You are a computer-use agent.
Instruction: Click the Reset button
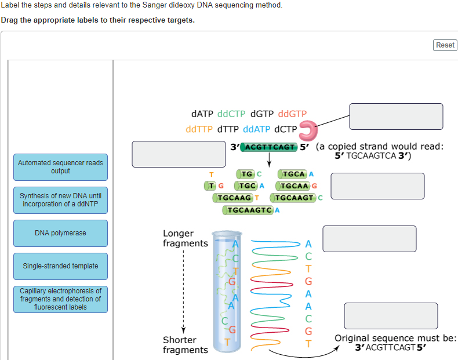pos(445,45)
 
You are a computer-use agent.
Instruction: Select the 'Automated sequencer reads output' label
pos(60,167)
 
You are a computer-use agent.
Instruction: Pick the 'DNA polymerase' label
pos(60,233)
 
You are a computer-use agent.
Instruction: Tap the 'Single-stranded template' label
pos(60,266)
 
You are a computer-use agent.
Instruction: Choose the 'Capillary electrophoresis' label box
pos(60,299)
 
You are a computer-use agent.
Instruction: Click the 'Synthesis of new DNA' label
pos(60,200)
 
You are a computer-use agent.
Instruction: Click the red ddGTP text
pos(292,114)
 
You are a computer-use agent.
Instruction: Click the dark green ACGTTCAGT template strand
pos(269,147)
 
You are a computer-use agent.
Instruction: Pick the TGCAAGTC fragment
pos(248,210)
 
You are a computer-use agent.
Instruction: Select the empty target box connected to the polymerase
pos(396,117)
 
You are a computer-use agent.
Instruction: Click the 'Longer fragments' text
pos(184,238)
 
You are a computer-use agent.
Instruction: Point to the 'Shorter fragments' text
pos(185,345)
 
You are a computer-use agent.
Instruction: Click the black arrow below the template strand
pos(270,159)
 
